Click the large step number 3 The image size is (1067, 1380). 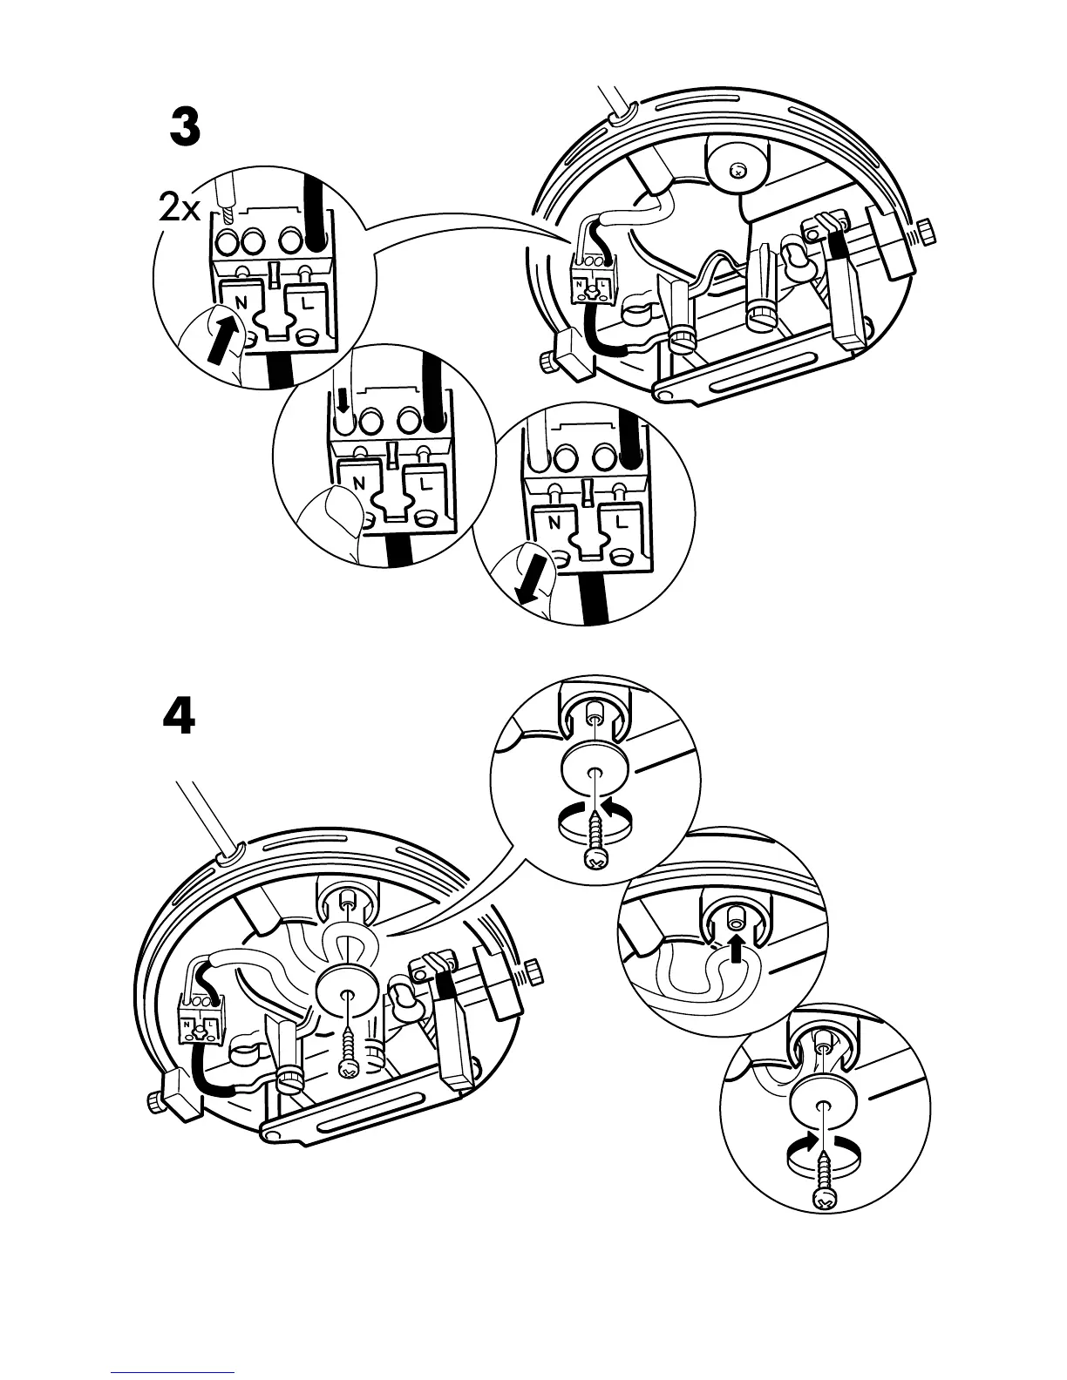point(184,130)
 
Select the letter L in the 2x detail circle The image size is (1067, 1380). point(307,304)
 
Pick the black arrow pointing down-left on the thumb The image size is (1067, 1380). point(532,580)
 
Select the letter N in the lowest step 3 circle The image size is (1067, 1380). point(554,524)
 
